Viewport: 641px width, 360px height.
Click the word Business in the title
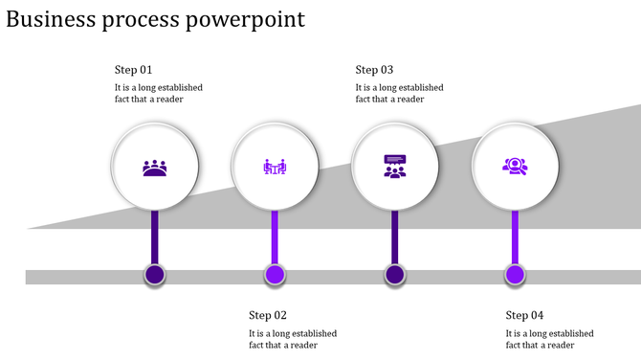[x=50, y=19]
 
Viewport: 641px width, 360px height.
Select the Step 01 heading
[x=133, y=70]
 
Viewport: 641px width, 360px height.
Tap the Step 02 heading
[x=268, y=315]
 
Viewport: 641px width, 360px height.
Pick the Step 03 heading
[x=374, y=70]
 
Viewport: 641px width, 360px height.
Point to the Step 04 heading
[x=524, y=315]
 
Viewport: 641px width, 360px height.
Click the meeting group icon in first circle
[x=155, y=168]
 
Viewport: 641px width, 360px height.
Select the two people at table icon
[x=275, y=168]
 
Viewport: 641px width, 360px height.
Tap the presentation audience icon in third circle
[x=394, y=167]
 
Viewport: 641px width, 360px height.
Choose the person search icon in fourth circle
[x=515, y=167]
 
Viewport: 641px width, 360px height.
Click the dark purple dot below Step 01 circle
[x=155, y=276]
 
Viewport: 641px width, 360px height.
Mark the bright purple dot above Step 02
[x=275, y=276]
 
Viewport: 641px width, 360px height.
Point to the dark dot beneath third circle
[x=394, y=276]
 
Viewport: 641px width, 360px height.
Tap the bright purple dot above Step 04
[x=515, y=276]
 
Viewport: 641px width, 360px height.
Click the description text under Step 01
[x=158, y=93]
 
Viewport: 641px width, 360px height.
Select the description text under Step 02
[x=293, y=339]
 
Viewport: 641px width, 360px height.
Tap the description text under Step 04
[x=549, y=339]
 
